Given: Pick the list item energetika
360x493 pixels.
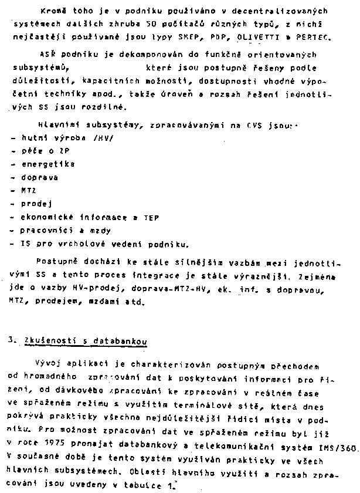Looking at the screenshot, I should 47,165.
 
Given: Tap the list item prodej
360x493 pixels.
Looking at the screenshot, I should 36,204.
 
